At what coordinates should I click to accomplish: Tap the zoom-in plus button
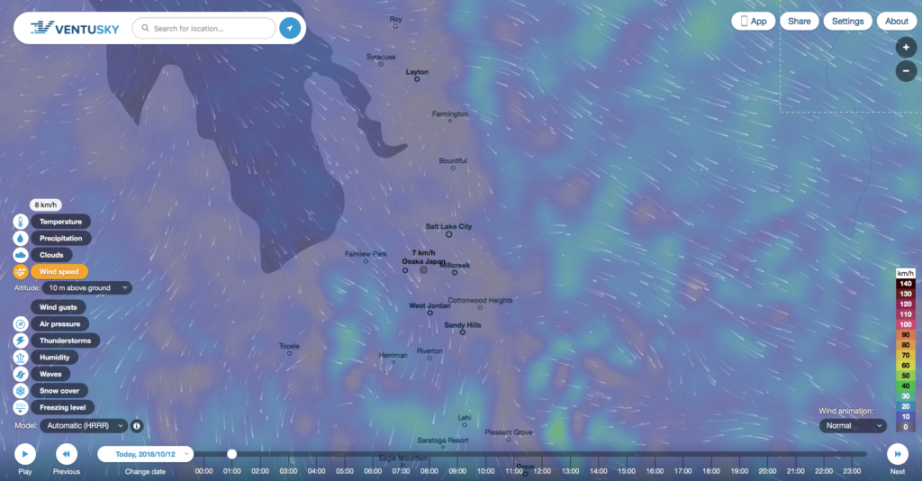pos(906,47)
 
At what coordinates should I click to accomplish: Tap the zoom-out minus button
pos(906,70)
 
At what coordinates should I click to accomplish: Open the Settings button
pos(847,21)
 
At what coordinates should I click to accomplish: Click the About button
pos(897,21)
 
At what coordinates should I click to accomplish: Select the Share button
pos(800,21)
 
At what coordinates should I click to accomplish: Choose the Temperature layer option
pos(60,222)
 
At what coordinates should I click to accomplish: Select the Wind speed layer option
pos(59,271)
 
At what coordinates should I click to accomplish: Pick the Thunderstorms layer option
pos(65,340)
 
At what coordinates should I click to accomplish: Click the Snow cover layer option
pos(59,391)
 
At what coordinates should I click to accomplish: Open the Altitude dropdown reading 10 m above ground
pos(82,287)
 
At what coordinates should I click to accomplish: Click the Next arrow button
pos(898,454)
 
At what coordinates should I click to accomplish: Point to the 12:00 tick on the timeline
pos(542,471)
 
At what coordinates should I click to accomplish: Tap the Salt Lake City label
pos(448,227)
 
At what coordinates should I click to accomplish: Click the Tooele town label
pos(289,346)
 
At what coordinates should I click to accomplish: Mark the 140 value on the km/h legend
pos(906,284)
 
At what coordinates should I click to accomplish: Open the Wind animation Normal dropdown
pos(852,425)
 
